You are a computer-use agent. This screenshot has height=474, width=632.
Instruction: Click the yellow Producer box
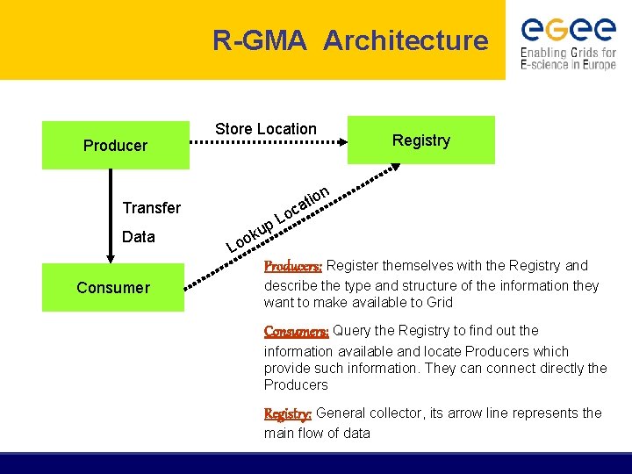pos(115,145)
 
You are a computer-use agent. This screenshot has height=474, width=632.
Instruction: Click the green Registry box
pos(421,140)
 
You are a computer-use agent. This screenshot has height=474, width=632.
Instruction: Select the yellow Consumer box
pos(113,287)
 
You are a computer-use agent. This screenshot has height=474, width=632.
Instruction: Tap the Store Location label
pos(266,129)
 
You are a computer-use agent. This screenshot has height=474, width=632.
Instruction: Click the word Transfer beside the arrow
pos(152,208)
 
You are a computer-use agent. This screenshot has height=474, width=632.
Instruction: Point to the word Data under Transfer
pos(139,237)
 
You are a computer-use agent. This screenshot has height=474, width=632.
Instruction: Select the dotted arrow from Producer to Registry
pos(268,146)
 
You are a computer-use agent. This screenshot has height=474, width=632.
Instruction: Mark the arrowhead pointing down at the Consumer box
pos(111,257)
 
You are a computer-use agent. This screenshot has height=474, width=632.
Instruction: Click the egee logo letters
pos(568,30)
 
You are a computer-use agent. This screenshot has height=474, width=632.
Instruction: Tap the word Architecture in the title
pos(406,40)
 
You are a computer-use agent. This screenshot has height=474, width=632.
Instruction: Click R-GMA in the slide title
pos(260,40)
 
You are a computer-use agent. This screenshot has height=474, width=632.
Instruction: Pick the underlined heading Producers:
pos(293,265)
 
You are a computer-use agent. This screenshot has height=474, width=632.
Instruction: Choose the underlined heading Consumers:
pos(297,331)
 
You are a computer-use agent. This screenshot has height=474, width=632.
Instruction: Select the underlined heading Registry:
pos(288,413)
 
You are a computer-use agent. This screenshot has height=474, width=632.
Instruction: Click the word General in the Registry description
pos(344,413)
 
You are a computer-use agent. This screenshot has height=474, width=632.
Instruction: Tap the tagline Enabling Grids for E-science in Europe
pos(568,59)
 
